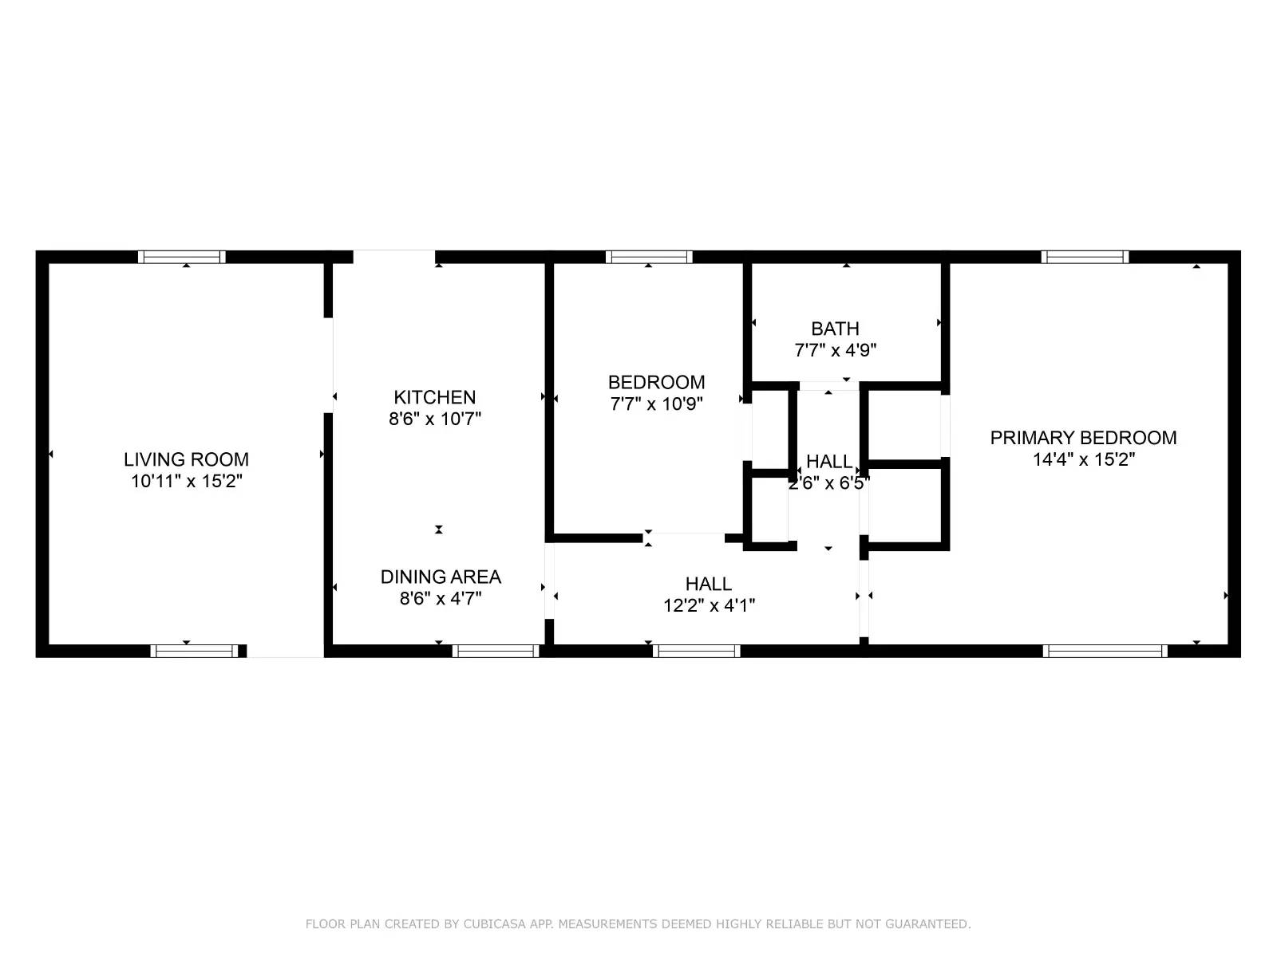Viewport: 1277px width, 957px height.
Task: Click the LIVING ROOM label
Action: tap(186, 459)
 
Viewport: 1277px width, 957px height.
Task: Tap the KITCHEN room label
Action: tap(434, 397)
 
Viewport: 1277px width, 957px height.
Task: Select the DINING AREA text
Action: tap(441, 577)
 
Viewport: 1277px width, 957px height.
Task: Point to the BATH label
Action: tap(835, 329)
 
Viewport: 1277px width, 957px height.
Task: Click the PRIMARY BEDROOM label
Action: tap(1083, 438)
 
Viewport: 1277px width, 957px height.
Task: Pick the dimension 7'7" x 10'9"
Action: tap(656, 404)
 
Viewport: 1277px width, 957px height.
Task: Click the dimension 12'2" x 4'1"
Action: tap(709, 605)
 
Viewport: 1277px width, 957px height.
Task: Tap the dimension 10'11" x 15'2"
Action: tap(186, 482)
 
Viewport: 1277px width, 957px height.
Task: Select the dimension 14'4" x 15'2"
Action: tap(1083, 459)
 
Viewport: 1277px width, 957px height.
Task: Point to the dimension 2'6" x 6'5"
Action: tap(828, 483)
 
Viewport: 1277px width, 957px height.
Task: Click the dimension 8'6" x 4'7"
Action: tap(441, 599)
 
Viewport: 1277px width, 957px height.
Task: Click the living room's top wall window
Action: tap(182, 257)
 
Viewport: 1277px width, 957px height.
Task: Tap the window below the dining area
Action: tap(496, 651)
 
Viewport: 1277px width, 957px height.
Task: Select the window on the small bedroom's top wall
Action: tap(648, 257)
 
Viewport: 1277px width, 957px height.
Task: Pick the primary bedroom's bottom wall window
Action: tap(1105, 651)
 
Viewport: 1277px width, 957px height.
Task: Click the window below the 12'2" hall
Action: tap(696, 651)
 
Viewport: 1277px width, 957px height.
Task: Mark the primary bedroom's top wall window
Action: tap(1085, 257)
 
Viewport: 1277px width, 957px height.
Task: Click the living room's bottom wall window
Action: tap(194, 651)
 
